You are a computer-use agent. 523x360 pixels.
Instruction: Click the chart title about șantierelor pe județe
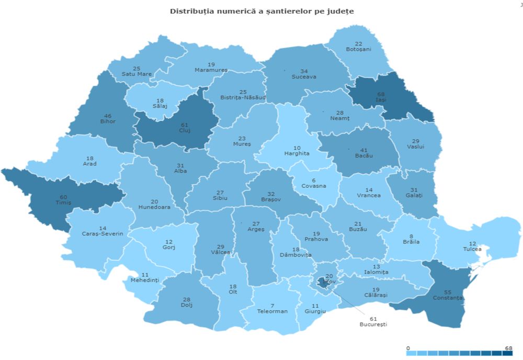click(x=261, y=11)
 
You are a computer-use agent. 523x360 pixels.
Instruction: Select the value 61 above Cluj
click(x=185, y=125)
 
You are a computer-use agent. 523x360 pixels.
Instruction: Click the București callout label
click(x=373, y=324)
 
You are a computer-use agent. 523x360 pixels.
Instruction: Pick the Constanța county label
click(x=448, y=298)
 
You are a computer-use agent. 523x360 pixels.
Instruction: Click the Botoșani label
click(x=358, y=49)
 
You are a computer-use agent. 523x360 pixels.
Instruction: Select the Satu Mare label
click(x=137, y=74)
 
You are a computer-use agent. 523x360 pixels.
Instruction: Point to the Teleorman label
click(x=272, y=311)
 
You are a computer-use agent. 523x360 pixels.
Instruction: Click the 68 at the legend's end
click(x=508, y=348)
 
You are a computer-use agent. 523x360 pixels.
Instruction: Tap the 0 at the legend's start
click(x=408, y=348)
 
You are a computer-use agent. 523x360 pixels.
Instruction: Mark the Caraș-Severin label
click(x=102, y=234)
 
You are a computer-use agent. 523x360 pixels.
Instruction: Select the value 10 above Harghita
click(x=297, y=147)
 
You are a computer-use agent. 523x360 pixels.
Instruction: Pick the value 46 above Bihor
click(x=109, y=115)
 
